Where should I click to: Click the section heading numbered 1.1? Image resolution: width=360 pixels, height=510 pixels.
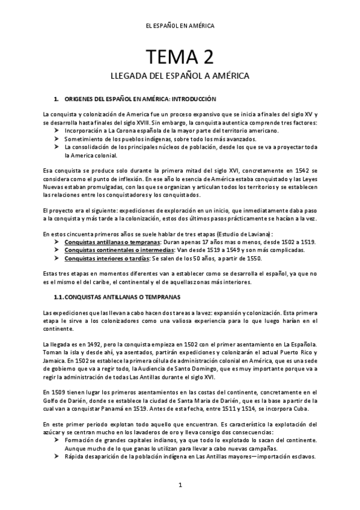112,297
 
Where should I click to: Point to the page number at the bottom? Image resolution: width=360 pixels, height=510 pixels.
180,485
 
